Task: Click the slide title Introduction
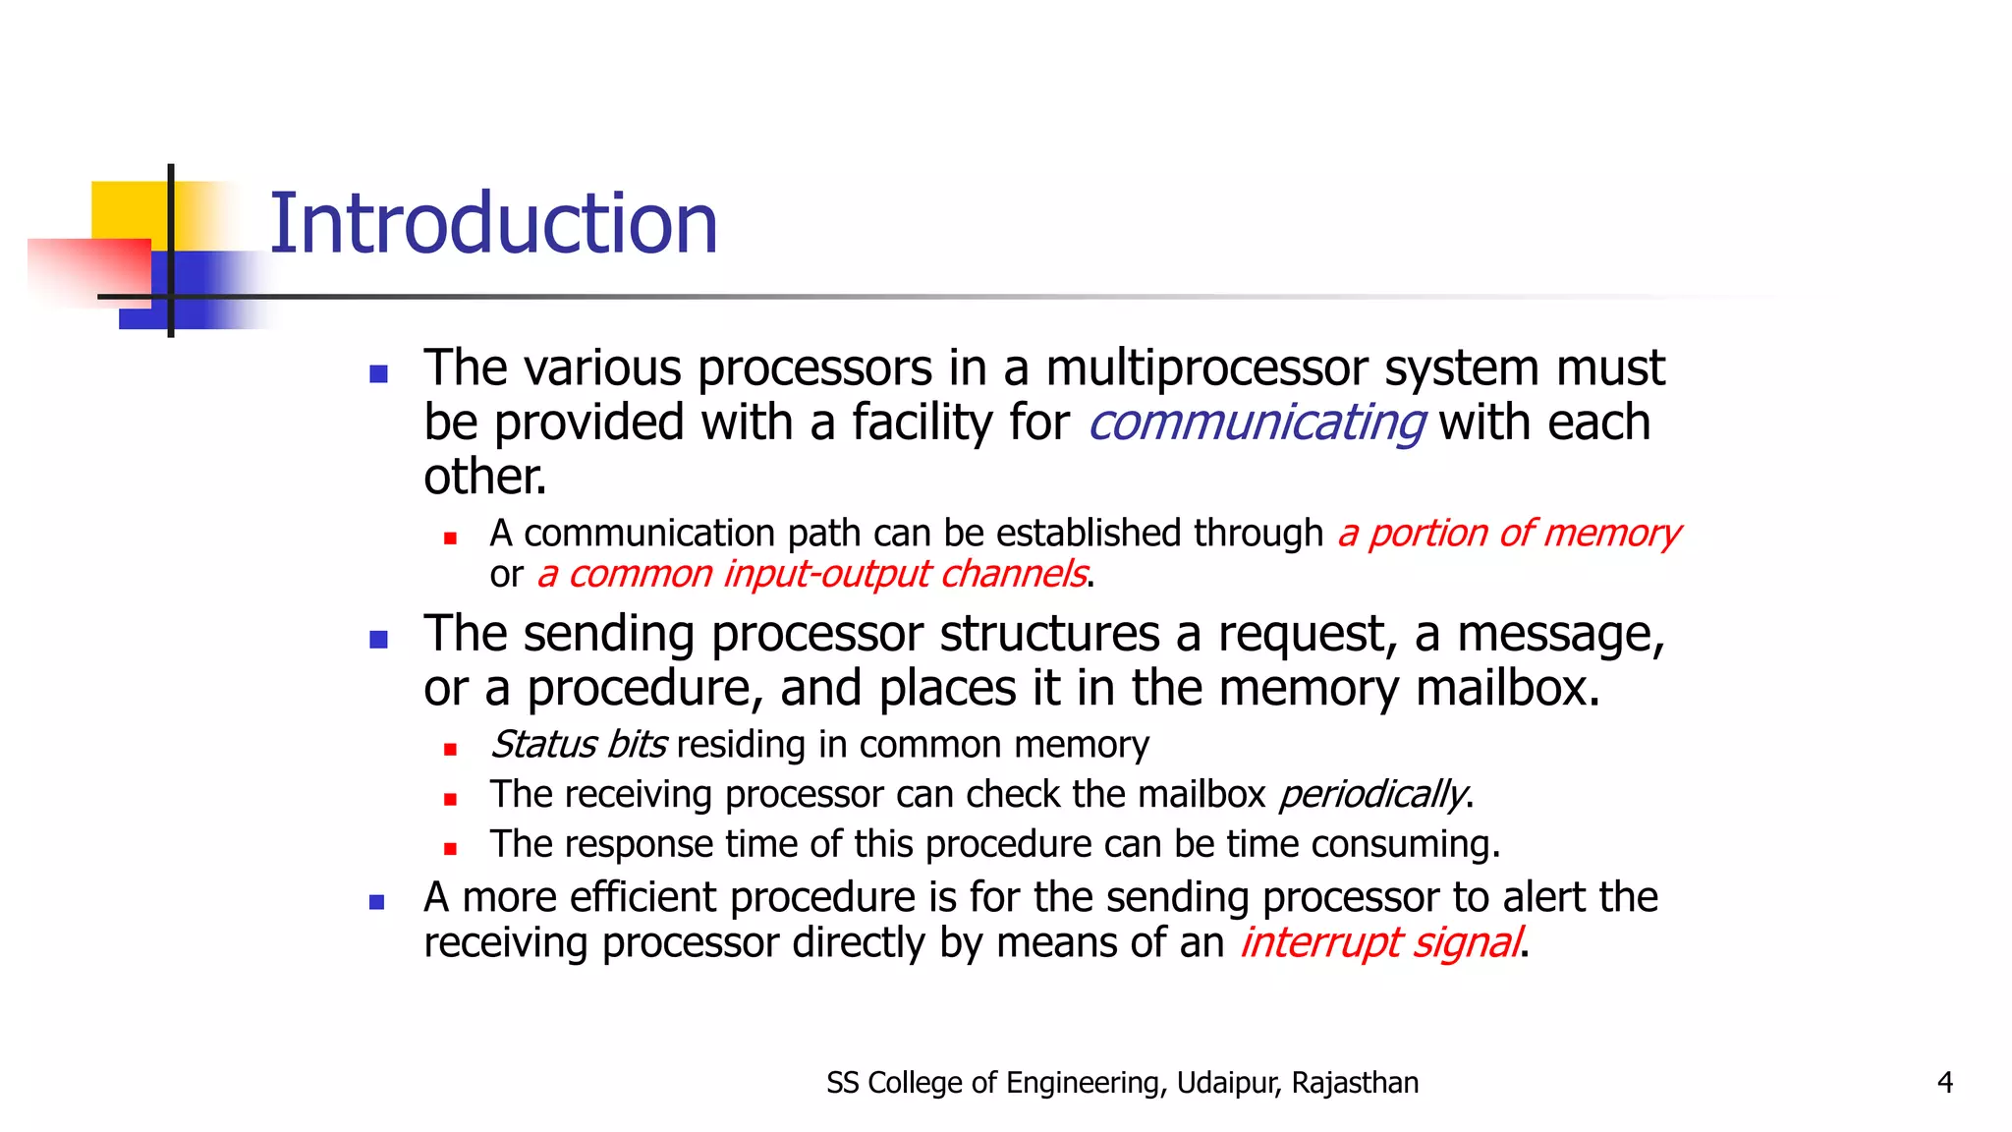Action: (493, 224)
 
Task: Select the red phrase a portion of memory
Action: (1509, 534)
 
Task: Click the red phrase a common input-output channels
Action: (811, 574)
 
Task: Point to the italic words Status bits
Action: (579, 745)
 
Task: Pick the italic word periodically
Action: (1372, 794)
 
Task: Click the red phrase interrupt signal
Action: (1380, 942)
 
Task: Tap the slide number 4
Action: (1944, 1083)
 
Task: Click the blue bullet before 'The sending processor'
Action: (378, 641)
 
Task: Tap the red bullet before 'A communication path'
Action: (450, 538)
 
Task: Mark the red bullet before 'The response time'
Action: (450, 849)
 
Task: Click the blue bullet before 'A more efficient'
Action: (377, 902)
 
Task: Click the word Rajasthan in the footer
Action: (1355, 1083)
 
